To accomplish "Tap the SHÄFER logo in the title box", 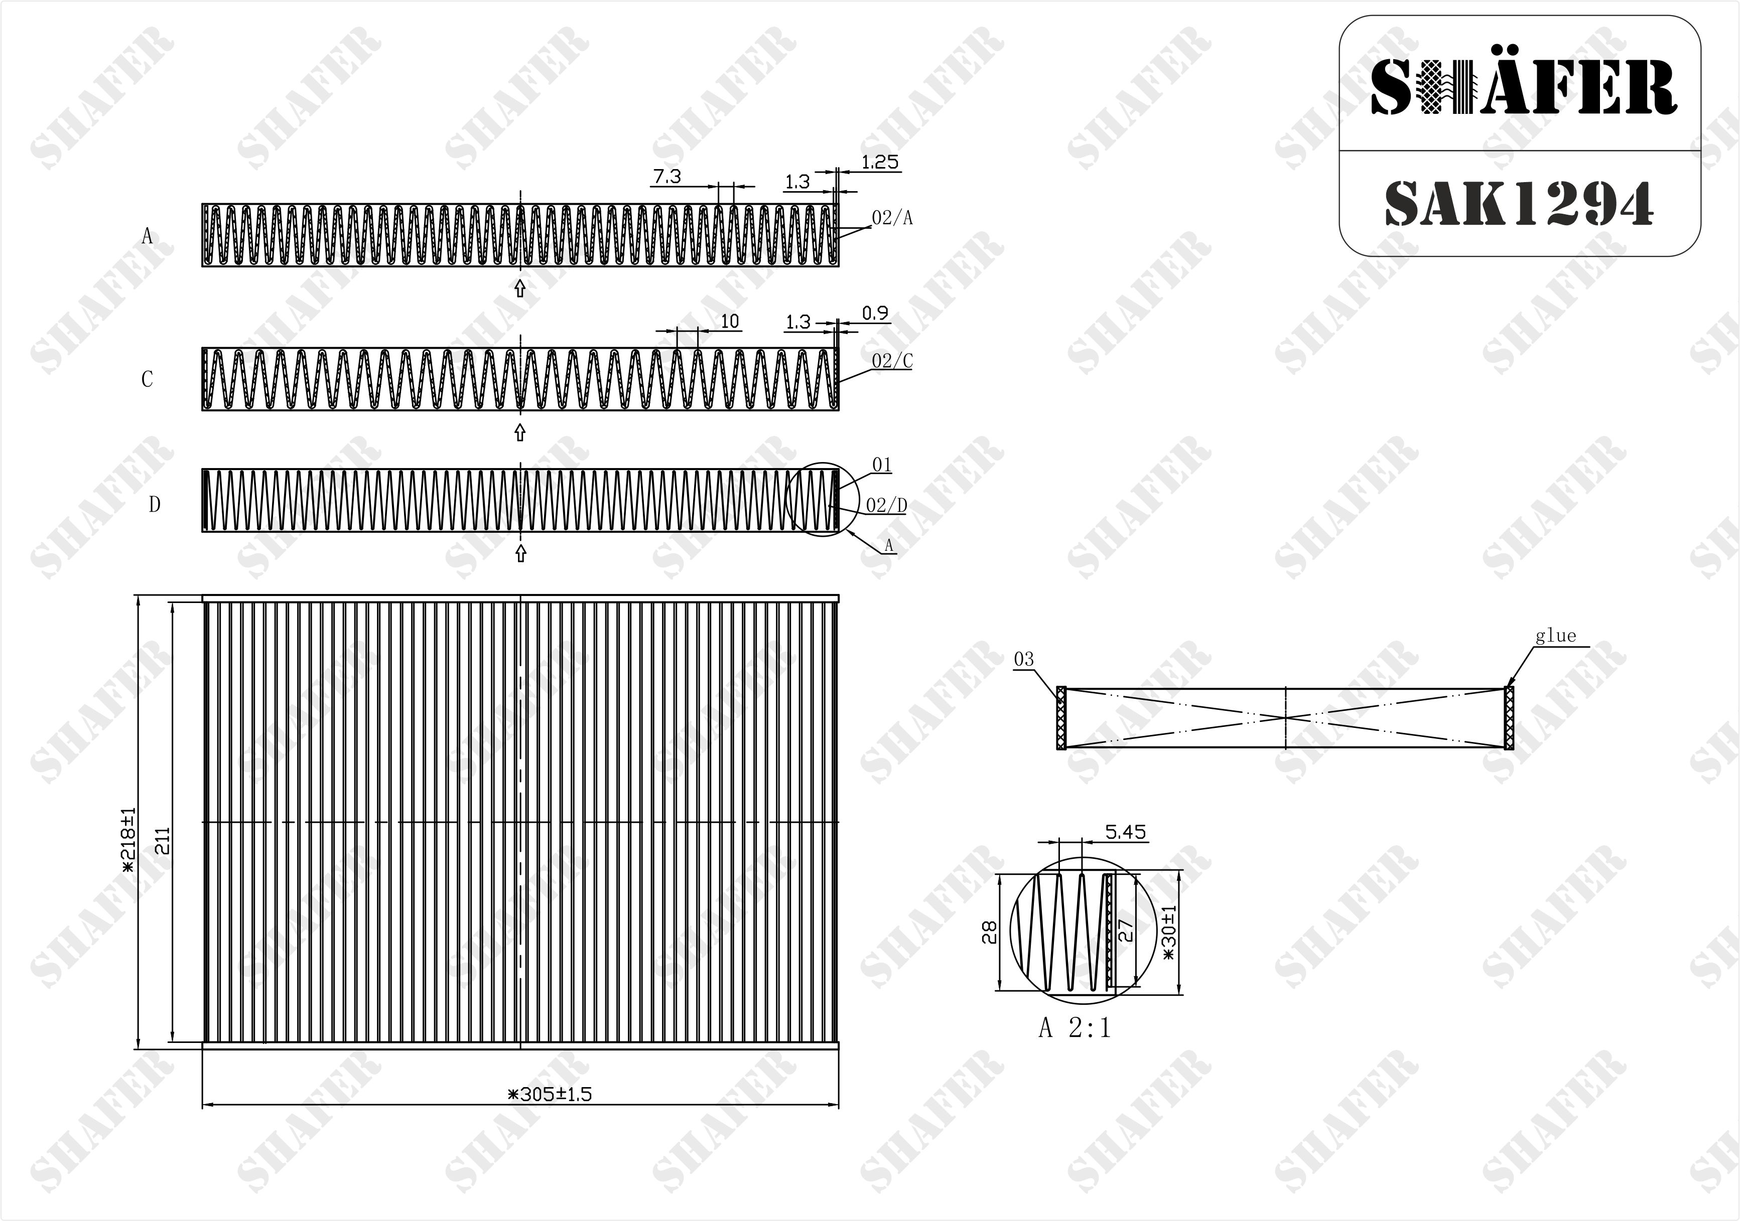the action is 1523,87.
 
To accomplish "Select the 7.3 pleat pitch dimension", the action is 667,177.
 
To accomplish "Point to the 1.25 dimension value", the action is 880,162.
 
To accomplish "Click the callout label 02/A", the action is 892,218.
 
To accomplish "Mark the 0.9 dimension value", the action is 875,313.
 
